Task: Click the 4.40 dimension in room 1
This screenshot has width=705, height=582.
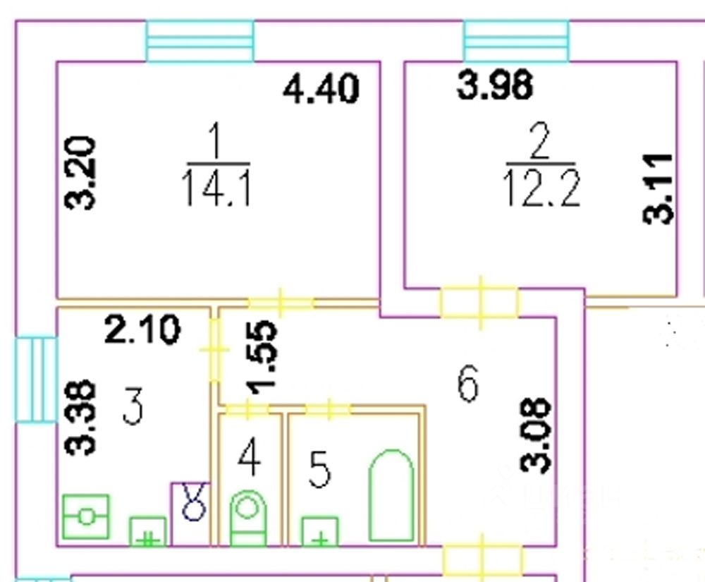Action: pos(321,90)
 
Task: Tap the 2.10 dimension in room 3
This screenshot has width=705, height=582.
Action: pos(142,329)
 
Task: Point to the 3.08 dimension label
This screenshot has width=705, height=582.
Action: pos(535,435)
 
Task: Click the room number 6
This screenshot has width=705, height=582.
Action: pos(467,384)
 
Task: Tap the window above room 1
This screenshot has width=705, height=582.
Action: pos(200,41)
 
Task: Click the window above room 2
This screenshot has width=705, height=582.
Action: pos(516,41)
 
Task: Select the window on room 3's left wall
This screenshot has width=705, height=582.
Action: pos(35,379)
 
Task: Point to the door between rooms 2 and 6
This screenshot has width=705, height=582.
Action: pos(480,303)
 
